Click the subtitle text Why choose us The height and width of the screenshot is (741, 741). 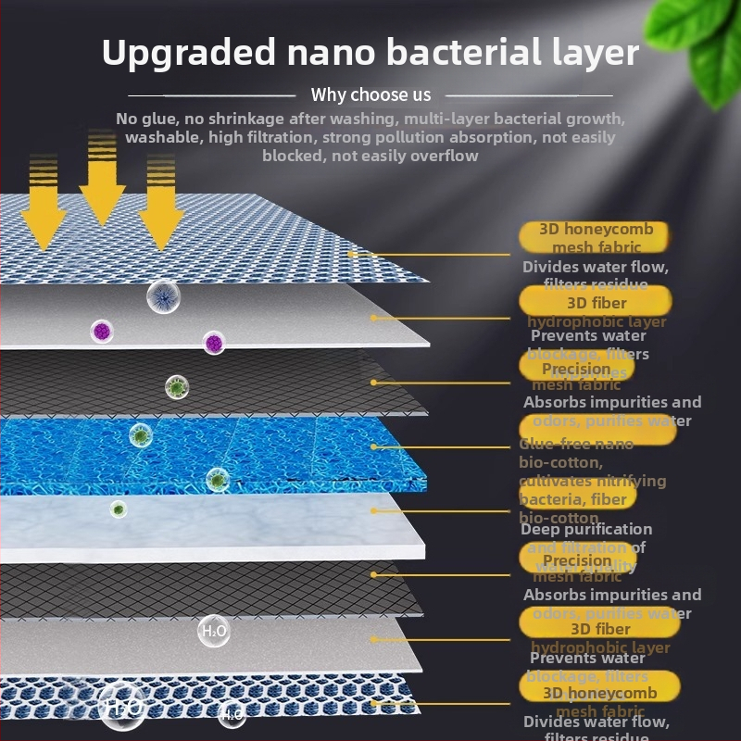tap(370, 94)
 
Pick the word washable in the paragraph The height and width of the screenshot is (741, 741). tap(163, 137)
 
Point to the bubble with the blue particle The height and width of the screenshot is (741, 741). tap(163, 296)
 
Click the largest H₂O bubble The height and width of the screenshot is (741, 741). tap(122, 707)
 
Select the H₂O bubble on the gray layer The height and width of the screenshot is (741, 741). tap(214, 632)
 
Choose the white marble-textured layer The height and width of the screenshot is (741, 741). tap(213, 523)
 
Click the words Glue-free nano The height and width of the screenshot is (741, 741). tap(576, 444)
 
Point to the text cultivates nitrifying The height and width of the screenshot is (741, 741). tap(593, 481)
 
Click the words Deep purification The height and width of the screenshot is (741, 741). tap(586, 529)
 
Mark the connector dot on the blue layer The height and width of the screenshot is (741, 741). tap(373, 446)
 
